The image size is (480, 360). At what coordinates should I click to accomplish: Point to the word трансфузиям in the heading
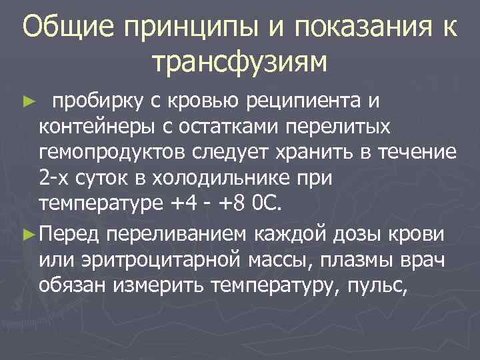point(240,62)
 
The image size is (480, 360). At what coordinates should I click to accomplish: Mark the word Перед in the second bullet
point(69,233)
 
